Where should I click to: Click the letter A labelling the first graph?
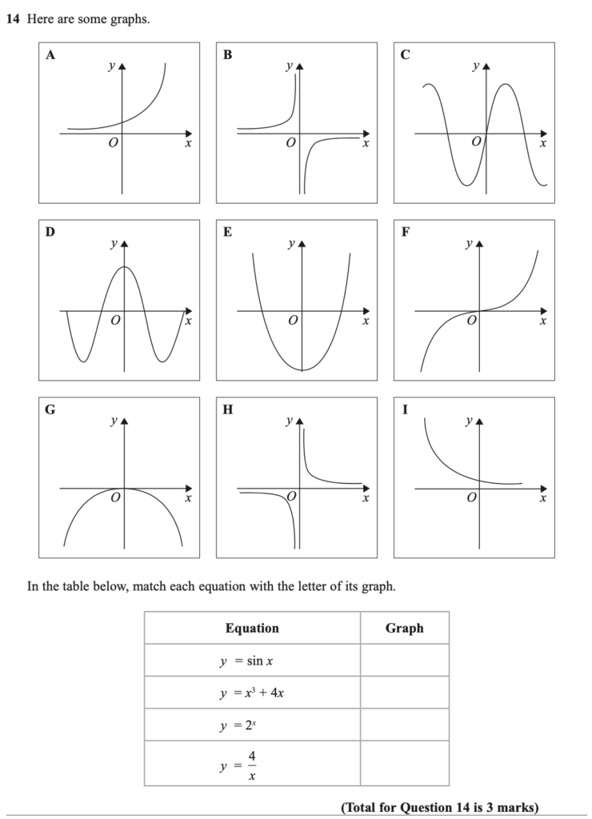50,55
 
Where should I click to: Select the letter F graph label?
406,233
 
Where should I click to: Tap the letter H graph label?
228,410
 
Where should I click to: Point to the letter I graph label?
405,410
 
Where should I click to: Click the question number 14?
12,18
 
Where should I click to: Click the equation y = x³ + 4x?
252,693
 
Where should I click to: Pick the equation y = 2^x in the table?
241,725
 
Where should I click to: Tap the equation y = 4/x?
241,763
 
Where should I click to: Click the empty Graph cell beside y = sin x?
404,661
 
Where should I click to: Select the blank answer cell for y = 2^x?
404,725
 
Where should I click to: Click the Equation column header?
252,628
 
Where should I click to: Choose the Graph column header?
404,628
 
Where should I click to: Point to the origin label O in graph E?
293,321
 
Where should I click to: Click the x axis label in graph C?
542,144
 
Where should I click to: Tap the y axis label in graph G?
114,420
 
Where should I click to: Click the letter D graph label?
50,233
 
